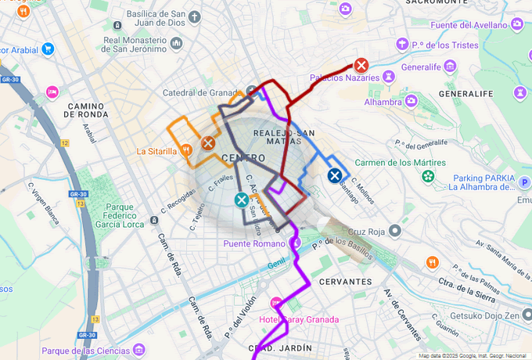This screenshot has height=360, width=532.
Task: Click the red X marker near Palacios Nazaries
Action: pos(361,66)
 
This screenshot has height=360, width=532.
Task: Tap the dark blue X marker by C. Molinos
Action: pos(335,175)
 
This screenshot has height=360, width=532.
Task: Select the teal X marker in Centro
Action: pos(242,200)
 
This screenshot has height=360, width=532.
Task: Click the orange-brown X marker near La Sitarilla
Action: pos(208,143)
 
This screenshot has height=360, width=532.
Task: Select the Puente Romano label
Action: pos(254,243)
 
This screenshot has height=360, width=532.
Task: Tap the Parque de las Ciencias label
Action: pos(84,351)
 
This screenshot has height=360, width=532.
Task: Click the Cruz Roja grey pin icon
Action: pos(396,231)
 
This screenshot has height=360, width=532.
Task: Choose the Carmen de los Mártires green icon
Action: pos(428,176)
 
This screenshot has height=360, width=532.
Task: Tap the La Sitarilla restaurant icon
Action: pos(186,150)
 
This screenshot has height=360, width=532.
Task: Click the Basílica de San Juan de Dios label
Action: pos(146,19)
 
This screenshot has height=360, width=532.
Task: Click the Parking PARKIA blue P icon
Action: pos(525,182)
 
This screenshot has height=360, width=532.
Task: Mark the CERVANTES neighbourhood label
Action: pos(344,281)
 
